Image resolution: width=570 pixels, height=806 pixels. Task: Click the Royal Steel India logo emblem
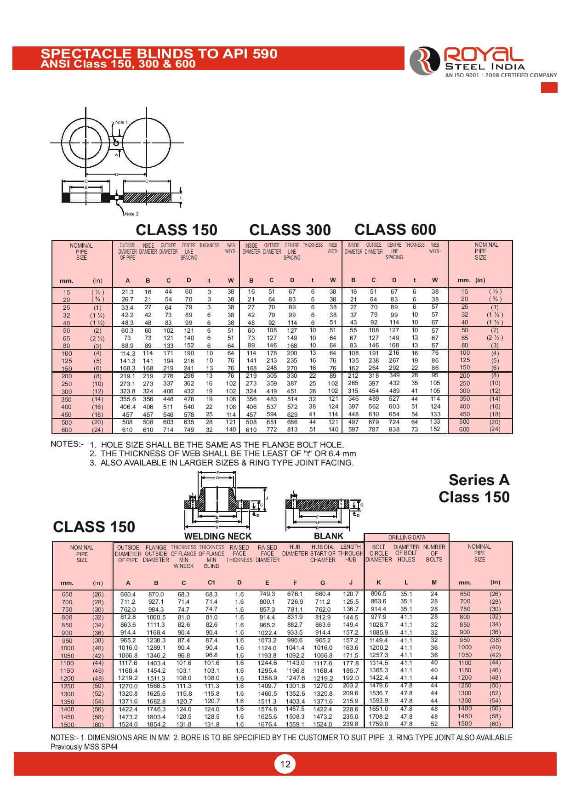coord(425,61)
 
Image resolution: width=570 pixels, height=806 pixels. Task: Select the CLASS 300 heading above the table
coord(290,230)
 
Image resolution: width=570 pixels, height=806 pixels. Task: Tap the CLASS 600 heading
coord(395,229)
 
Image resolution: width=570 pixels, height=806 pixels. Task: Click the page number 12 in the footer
coord(285,764)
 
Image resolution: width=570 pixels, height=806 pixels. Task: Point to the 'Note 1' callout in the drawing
coord(121,122)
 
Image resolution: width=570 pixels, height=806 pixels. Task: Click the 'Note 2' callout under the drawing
coord(132,214)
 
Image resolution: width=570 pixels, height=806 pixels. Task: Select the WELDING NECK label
coord(218,536)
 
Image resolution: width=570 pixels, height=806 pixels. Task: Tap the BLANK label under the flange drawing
coord(328,536)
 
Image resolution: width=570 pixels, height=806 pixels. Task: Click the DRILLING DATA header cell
coord(406,537)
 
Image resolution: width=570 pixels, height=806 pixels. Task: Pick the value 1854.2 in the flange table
coord(156,724)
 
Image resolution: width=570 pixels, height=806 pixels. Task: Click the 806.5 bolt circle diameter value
coord(378,594)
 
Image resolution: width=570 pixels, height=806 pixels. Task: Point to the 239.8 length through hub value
coord(350,724)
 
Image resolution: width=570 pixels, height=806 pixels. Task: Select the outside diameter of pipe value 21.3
coord(127,292)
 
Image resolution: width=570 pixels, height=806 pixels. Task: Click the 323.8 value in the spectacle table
coord(127,392)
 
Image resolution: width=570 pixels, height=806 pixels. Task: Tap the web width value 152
coord(435,429)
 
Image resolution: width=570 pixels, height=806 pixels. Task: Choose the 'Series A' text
coord(479,480)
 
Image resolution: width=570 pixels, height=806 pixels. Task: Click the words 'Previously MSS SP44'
coord(84,747)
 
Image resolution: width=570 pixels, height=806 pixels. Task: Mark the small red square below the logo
coord(549,87)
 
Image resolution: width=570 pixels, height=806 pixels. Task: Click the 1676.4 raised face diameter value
coord(267,724)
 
